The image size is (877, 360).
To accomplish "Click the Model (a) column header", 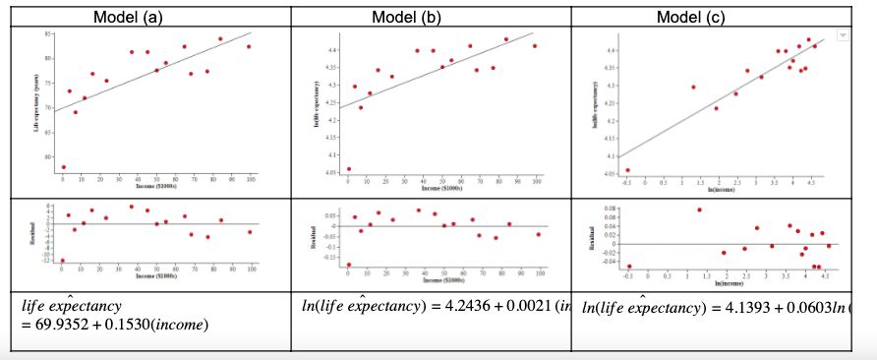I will (146, 16).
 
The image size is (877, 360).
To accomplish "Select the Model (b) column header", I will (431, 16).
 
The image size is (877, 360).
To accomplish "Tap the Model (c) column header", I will (715, 16).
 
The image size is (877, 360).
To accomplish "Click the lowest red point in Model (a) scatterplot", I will (63, 167).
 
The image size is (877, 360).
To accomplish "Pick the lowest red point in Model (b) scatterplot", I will (348, 169).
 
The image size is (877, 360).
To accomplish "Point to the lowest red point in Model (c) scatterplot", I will (627, 170).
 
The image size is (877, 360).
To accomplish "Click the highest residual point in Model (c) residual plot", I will (700, 210).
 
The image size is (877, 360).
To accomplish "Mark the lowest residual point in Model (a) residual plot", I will (63, 261).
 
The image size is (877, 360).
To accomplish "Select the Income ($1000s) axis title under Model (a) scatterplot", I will (156, 185).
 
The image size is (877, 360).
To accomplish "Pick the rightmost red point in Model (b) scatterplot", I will (535, 46).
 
